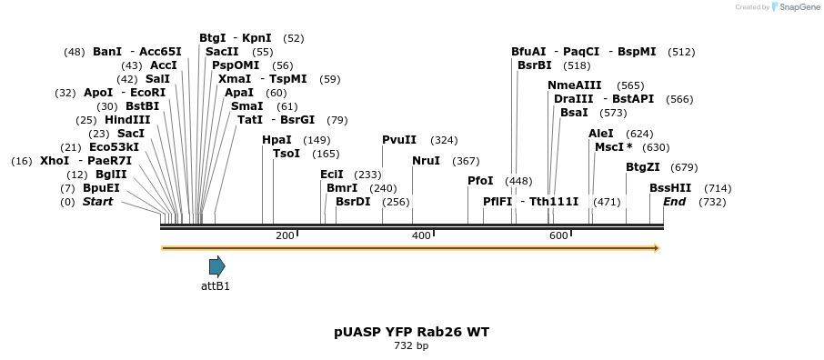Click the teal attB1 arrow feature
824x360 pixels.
pyautogui.click(x=216, y=266)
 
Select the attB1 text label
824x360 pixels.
pyautogui.click(x=216, y=286)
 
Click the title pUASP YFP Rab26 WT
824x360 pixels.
pyautogui.click(x=411, y=332)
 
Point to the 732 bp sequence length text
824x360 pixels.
pyautogui.click(x=411, y=346)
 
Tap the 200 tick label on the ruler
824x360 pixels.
pyautogui.click(x=285, y=235)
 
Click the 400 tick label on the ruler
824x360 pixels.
pyautogui.click(x=421, y=235)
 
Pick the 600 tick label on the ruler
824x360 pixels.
pyautogui.click(x=558, y=235)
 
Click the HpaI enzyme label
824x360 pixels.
pyautogui.click(x=276, y=140)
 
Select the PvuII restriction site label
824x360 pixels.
pyautogui.click(x=399, y=140)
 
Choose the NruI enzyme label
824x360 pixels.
pyautogui.click(x=426, y=161)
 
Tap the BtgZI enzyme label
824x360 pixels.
pyautogui.click(x=643, y=167)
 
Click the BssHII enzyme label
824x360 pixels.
pyautogui.click(x=670, y=188)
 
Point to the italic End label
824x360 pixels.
pyautogui.click(x=674, y=202)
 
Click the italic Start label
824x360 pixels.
pyautogui.click(x=97, y=202)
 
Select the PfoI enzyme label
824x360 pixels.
pyautogui.click(x=480, y=181)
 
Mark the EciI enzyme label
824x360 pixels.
pyautogui.click(x=332, y=175)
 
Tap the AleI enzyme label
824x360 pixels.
pyautogui.click(x=601, y=134)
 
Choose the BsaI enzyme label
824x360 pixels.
pyautogui.click(x=574, y=113)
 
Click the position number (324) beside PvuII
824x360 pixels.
pyautogui.click(x=444, y=140)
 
